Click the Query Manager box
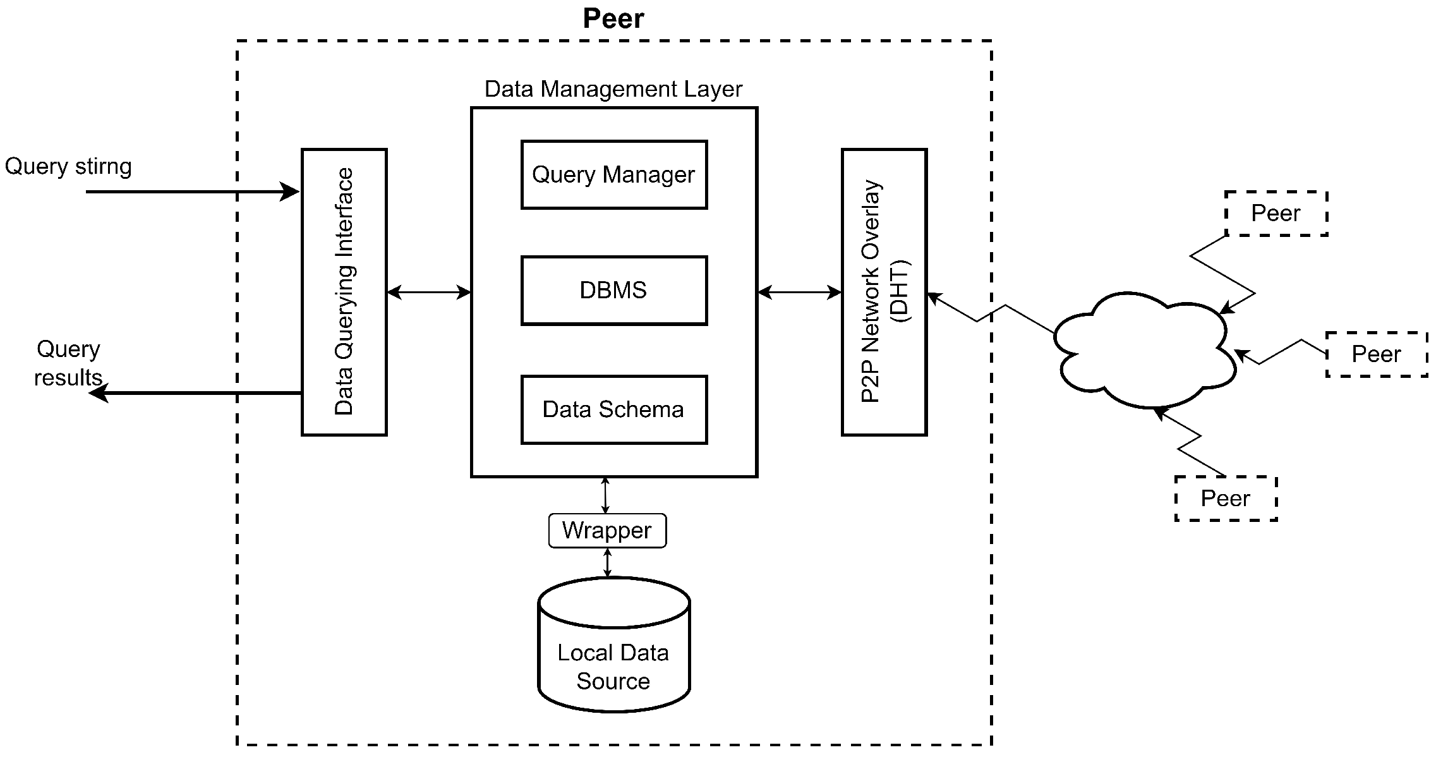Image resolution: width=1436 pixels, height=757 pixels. [x=613, y=175]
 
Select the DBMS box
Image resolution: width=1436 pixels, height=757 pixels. [x=613, y=291]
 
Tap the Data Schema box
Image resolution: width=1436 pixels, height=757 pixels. [x=613, y=410]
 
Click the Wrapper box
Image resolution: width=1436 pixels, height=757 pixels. [x=607, y=531]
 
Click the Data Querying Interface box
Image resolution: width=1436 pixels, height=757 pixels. [x=344, y=292]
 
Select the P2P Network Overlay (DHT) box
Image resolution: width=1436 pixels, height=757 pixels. [x=884, y=292]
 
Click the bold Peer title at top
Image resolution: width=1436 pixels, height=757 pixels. [x=613, y=18]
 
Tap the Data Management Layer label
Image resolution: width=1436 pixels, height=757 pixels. [x=613, y=89]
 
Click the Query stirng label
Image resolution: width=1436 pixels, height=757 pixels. [x=68, y=167]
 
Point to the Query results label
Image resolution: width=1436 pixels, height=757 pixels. [x=68, y=363]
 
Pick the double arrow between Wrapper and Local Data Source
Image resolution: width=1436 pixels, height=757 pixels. [x=607, y=562]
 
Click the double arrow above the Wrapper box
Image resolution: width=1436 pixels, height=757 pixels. [x=605, y=495]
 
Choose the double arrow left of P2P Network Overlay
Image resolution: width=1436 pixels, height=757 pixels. [x=799, y=292]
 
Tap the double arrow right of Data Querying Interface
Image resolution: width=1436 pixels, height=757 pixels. [x=428, y=292]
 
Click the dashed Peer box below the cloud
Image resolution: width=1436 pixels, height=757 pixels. [x=1226, y=499]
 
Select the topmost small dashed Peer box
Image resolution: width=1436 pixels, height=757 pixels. [x=1276, y=214]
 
